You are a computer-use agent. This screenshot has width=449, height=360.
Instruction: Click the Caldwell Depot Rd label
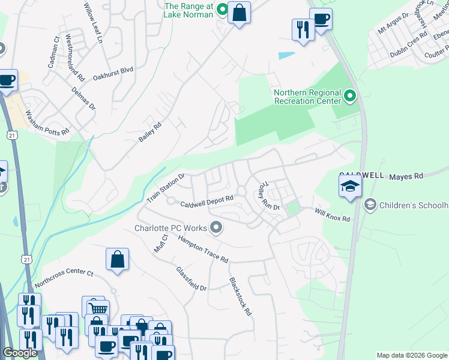(x=207, y=203)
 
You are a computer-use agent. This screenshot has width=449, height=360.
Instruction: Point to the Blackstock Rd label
(x=240, y=297)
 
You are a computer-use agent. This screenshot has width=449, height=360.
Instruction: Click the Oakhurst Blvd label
(x=113, y=70)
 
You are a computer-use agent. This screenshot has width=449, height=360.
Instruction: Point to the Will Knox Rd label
(x=333, y=214)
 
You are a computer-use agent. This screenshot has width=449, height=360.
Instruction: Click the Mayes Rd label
(x=406, y=176)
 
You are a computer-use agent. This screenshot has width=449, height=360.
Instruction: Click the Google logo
(x=20, y=353)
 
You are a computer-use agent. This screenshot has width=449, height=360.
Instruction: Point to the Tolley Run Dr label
(x=265, y=197)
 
